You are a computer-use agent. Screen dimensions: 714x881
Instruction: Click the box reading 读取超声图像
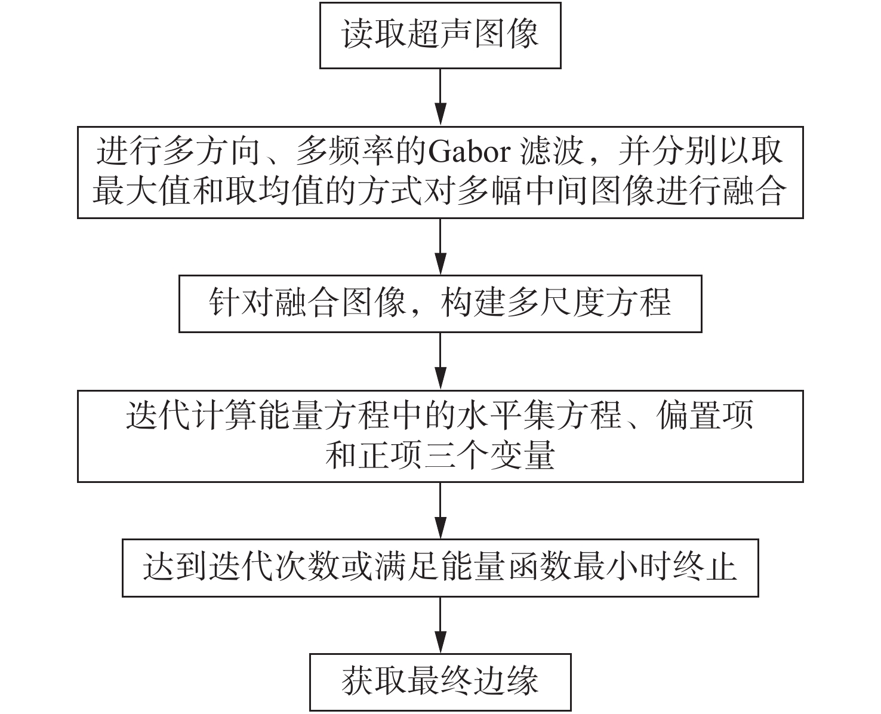(x=440, y=35)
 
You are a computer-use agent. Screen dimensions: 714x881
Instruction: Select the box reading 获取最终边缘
(x=440, y=682)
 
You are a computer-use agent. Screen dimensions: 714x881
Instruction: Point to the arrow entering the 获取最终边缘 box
(x=440, y=625)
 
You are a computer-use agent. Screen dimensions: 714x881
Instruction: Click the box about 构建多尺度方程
(x=440, y=303)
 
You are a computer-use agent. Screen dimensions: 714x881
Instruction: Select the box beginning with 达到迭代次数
(x=440, y=568)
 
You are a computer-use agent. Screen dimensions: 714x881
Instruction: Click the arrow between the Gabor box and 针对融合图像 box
(x=440, y=246)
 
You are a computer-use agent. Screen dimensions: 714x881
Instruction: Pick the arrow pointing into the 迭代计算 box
(x=440, y=361)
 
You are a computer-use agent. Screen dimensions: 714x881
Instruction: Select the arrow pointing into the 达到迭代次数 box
(x=440, y=511)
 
